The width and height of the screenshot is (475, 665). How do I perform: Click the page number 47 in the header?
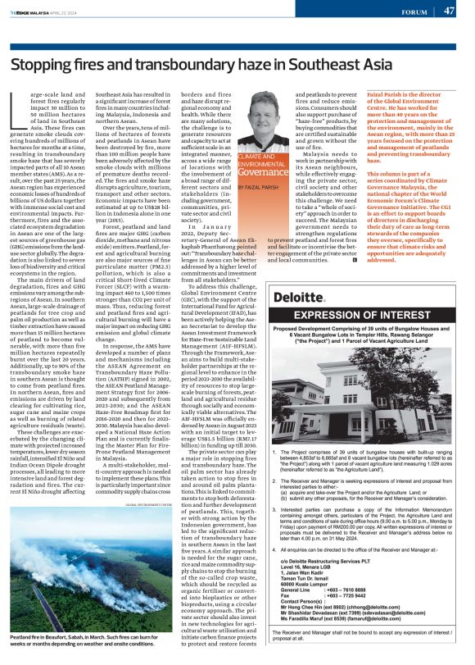tap(449, 11)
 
